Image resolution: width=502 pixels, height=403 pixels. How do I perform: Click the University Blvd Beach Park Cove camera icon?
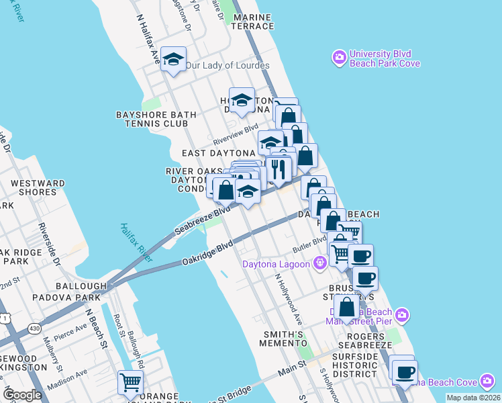(x=339, y=58)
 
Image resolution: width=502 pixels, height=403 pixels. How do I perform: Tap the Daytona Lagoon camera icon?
(x=320, y=263)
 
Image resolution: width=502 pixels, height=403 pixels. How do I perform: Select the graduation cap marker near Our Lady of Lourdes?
(x=174, y=60)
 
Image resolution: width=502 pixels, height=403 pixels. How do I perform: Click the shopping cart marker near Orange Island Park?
(x=130, y=383)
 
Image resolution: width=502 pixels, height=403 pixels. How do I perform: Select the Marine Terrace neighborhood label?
(x=253, y=21)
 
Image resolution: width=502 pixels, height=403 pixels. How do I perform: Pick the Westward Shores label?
(x=38, y=187)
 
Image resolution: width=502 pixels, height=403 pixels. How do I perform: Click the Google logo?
(x=23, y=395)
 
